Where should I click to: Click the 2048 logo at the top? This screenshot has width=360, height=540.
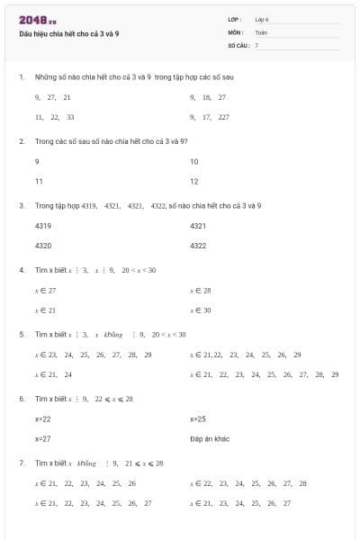(37, 20)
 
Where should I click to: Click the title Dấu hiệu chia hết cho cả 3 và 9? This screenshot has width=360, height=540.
(68, 32)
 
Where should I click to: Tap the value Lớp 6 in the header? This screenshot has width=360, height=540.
(262, 19)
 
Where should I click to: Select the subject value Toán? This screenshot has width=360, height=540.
(261, 31)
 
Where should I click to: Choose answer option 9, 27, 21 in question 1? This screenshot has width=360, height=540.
(53, 96)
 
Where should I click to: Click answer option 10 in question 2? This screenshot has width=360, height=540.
(194, 161)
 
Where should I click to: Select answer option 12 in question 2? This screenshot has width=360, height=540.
(194, 181)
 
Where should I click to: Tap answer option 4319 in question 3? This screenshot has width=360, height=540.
(43, 225)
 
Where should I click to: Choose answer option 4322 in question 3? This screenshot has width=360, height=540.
(199, 245)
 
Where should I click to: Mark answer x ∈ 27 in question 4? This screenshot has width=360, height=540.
(45, 291)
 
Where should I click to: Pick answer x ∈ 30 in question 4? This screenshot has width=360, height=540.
(201, 310)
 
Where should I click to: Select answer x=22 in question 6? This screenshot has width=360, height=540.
(43, 419)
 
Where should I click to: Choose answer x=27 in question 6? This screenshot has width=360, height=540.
(43, 439)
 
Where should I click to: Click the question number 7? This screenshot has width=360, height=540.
(21, 463)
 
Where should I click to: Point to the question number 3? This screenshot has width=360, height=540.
(21, 205)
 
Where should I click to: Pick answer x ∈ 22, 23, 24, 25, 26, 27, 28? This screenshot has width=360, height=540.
(248, 483)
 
